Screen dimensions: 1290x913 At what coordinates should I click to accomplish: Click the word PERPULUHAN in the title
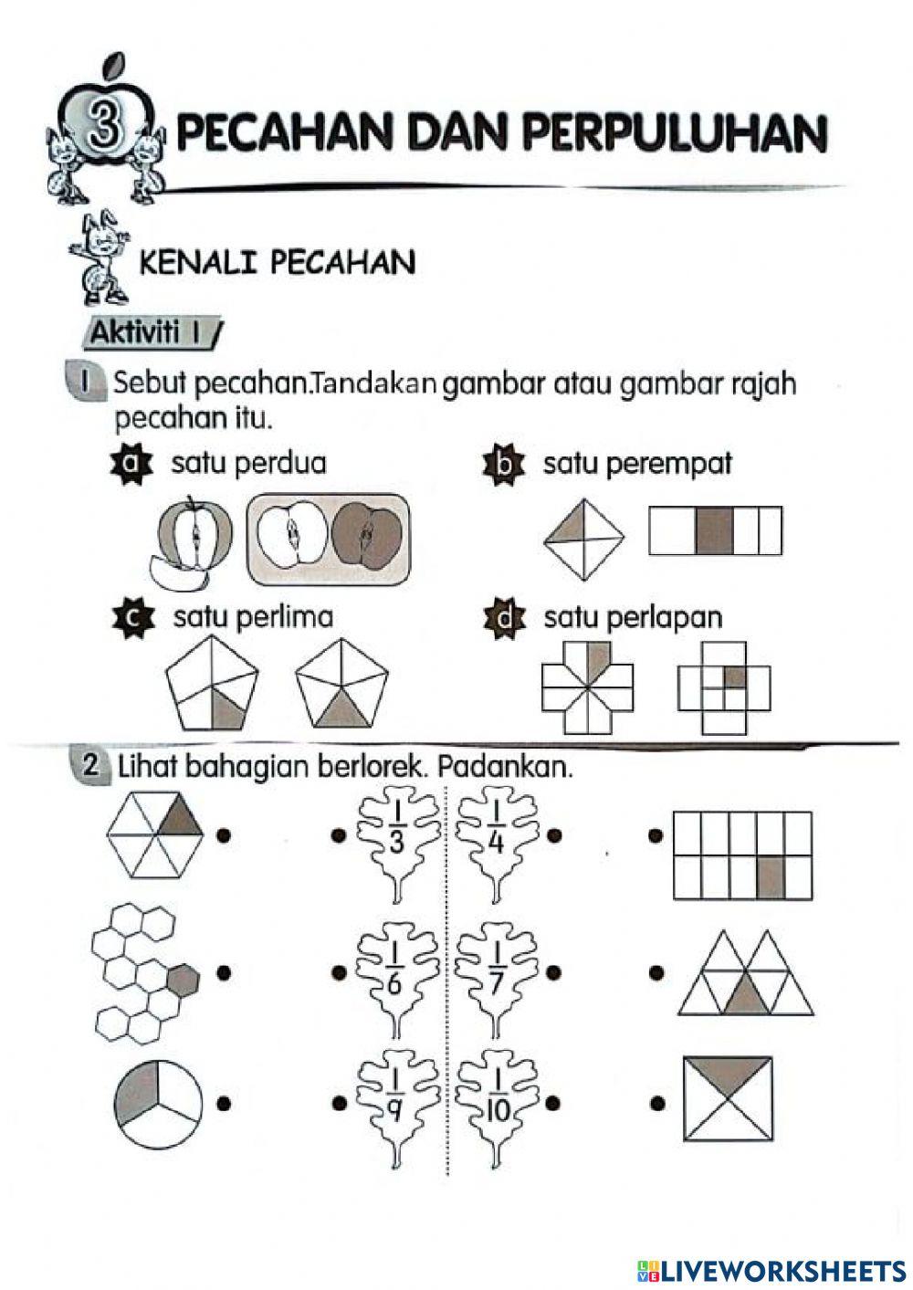click(675, 133)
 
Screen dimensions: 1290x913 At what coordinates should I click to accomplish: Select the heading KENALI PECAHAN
click(277, 263)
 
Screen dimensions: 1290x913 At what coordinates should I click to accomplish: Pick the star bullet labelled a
click(129, 464)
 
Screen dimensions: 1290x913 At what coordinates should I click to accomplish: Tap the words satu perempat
click(637, 464)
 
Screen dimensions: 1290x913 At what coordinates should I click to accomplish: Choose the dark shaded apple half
click(366, 537)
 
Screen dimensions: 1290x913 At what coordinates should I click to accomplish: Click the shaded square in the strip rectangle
click(714, 531)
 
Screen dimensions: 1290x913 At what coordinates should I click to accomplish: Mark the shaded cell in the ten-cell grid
click(771, 876)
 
